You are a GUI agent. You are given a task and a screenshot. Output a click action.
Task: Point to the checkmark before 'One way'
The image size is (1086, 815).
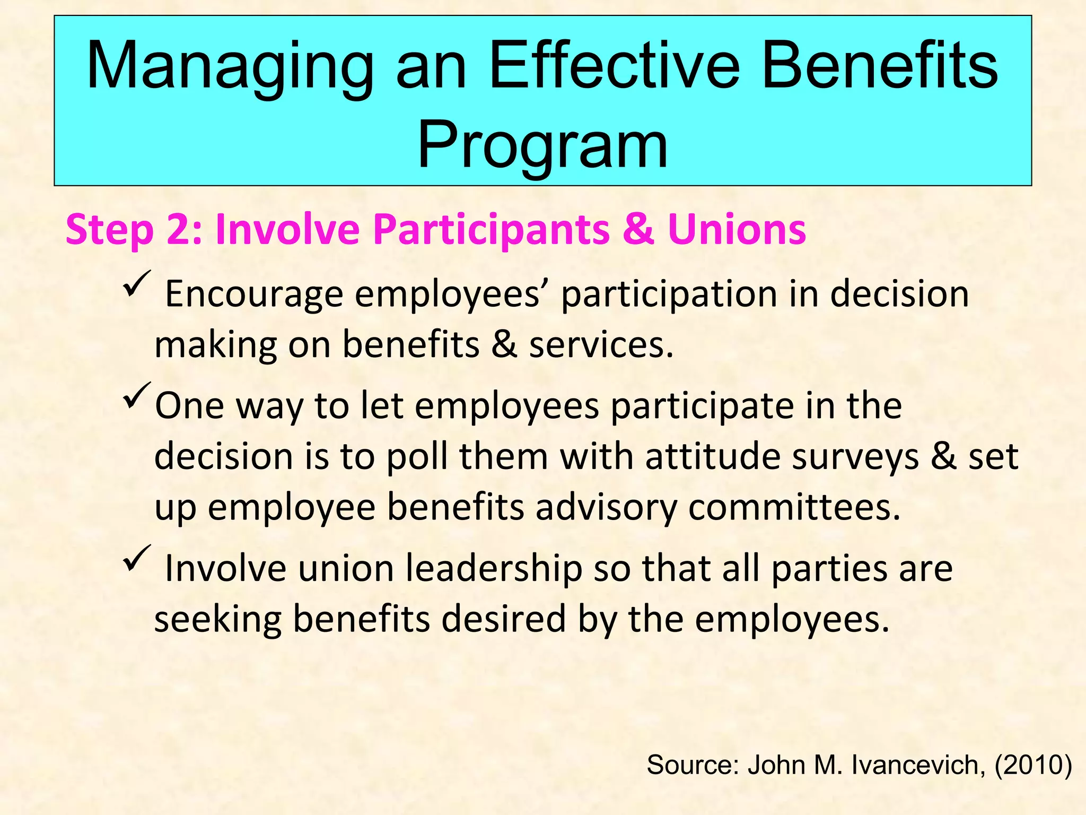coord(137,395)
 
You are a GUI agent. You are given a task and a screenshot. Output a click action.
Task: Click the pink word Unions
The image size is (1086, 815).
coord(737,229)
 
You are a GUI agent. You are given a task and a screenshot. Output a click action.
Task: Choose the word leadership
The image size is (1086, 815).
coord(493,568)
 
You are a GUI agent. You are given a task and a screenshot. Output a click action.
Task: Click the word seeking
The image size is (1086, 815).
coord(217,620)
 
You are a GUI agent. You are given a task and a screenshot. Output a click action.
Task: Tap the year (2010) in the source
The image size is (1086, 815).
coord(1033,765)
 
